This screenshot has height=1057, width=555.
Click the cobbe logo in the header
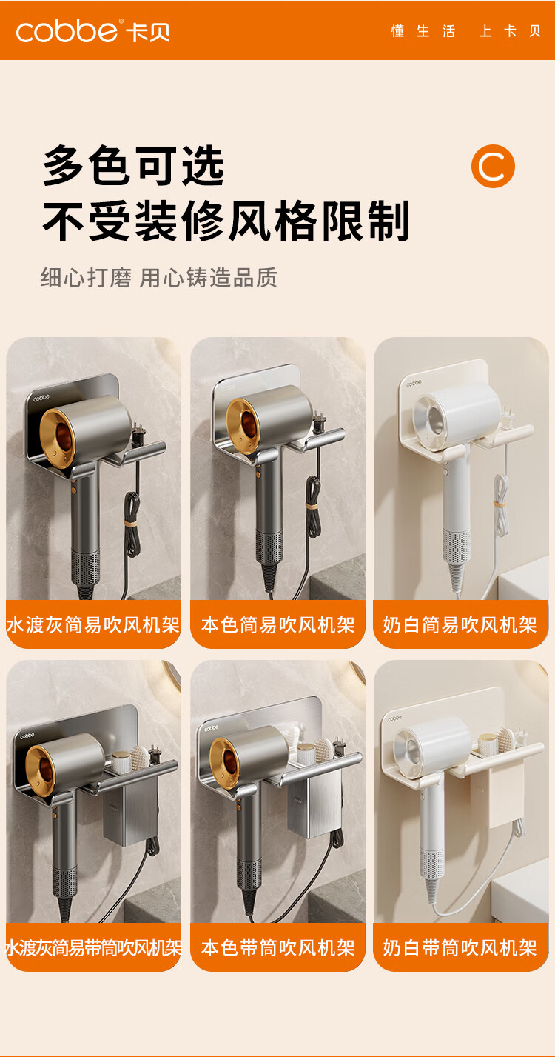click(93, 31)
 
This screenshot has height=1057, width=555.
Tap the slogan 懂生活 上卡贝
click(465, 31)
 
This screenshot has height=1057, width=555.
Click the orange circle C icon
click(493, 166)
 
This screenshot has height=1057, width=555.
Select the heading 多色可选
click(133, 166)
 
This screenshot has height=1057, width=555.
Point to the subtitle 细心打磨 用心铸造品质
click(159, 277)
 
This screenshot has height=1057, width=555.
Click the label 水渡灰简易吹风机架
click(93, 624)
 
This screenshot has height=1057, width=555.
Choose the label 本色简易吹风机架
click(277, 624)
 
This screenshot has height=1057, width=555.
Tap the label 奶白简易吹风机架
click(460, 624)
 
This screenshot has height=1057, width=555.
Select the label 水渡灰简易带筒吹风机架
click(93, 947)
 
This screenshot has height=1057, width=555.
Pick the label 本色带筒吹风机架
click(277, 947)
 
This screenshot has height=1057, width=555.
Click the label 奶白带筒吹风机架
click(460, 947)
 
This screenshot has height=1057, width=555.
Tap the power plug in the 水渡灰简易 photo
click(138, 434)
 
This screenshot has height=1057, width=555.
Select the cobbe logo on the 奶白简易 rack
click(414, 383)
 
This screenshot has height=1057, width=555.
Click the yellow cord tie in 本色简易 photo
click(312, 505)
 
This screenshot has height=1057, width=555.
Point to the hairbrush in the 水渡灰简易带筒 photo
click(138, 757)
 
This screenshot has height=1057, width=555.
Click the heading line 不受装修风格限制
click(226, 221)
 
